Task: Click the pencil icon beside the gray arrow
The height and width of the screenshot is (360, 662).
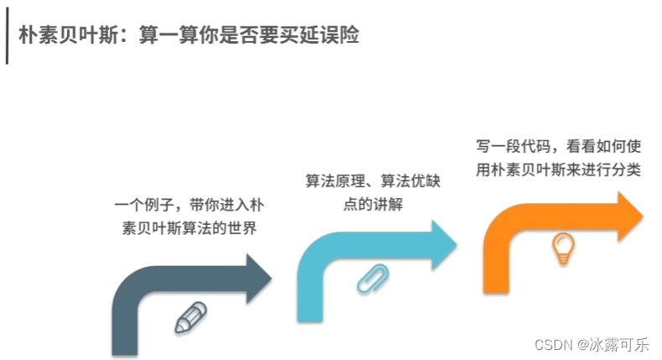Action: pyautogui.click(x=190, y=318)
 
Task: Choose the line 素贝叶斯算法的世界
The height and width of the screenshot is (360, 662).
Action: pyautogui.click(x=188, y=229)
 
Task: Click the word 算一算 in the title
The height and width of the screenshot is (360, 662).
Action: pyautogui.click(x=169, y=36)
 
